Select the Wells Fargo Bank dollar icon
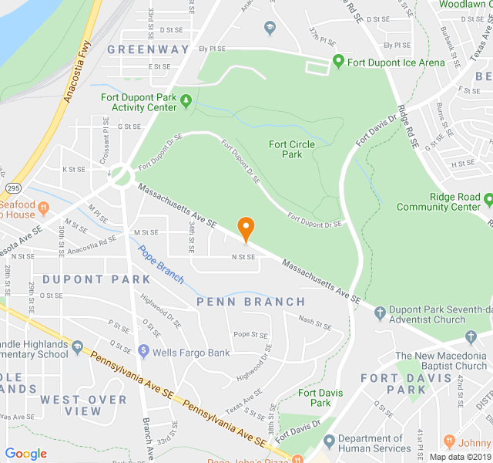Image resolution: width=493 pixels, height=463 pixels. pos(143,352)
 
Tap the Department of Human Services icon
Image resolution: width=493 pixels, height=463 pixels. pos(330,442)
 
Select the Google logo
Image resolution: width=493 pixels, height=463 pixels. pos(26,454)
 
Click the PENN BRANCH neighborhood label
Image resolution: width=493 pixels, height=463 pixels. pos(250,302)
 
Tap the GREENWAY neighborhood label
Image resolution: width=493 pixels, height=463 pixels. pos(148,49)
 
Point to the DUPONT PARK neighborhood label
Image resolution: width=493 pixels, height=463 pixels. pos(86,279)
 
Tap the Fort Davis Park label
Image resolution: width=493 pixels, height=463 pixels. pos(314,398)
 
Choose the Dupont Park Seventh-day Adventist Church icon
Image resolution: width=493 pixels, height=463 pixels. pos(379,313)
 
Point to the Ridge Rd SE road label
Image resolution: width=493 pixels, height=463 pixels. pos(407,117)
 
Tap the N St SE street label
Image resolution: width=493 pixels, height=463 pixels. pos(244,257)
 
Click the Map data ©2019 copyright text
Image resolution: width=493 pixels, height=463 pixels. pos(460,456)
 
